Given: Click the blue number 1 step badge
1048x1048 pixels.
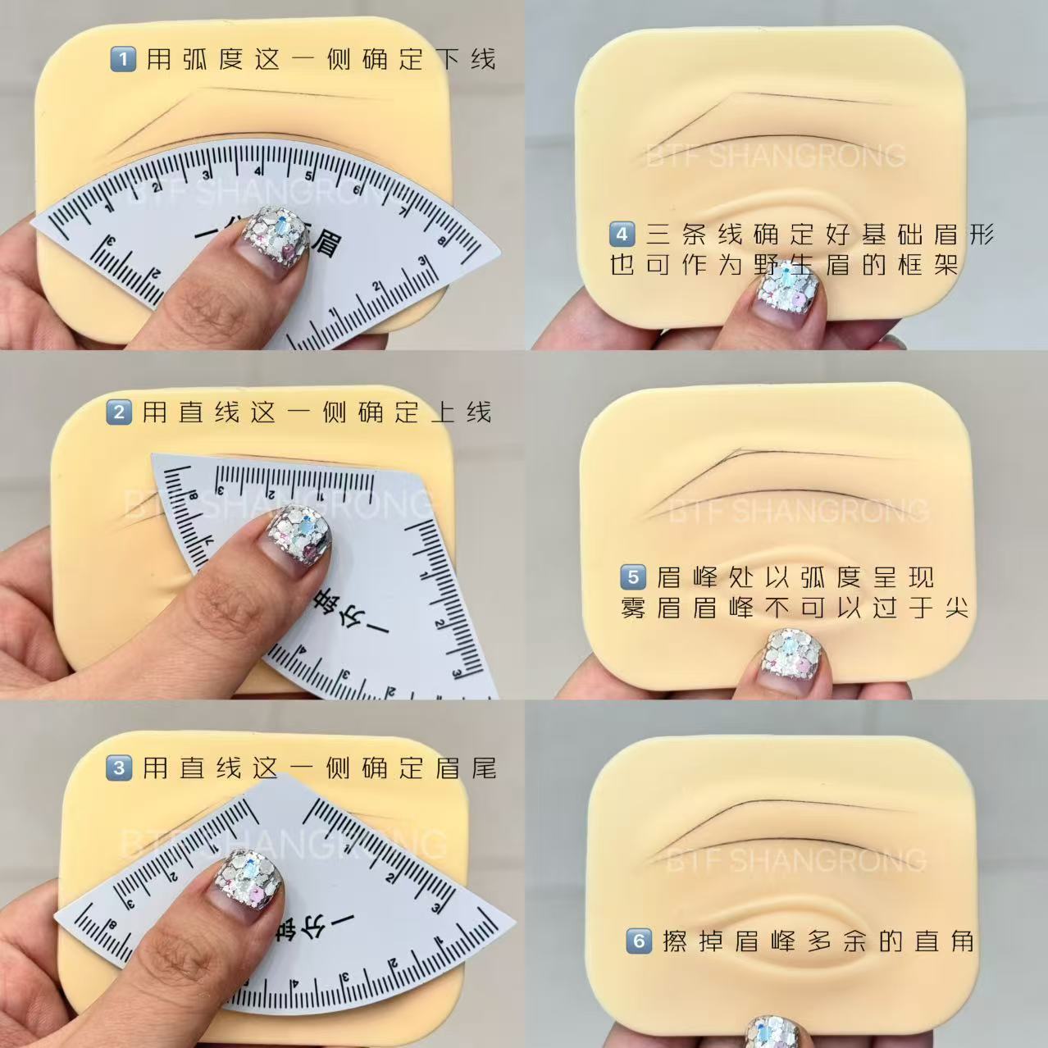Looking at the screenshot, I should tap(123, 59).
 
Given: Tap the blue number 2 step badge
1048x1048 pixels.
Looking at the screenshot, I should tap(119, 412).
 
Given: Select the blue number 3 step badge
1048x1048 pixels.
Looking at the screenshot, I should tap(119, 768).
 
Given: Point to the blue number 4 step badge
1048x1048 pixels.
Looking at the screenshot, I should tap(622, 235).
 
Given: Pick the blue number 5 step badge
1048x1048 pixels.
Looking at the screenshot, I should tap(633, 577).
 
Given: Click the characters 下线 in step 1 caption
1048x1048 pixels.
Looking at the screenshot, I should tap(465, 59).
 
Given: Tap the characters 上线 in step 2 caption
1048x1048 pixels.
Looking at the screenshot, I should tap(461, 412).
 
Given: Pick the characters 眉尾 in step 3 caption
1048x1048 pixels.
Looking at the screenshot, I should tap(467, 768).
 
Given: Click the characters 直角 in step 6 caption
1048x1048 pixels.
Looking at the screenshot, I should tap(945, 940).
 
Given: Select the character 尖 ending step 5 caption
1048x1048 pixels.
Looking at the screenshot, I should tap(957, 608).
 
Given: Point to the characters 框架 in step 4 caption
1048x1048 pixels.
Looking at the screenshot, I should tap(929, 265).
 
